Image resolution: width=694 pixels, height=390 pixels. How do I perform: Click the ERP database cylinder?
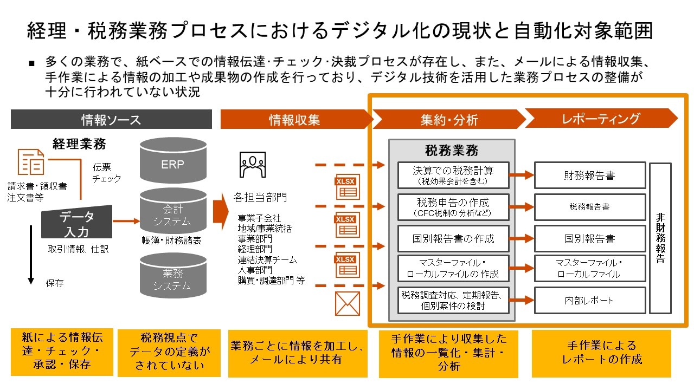[172, 161]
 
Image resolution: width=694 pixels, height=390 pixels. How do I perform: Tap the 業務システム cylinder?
[172, 277]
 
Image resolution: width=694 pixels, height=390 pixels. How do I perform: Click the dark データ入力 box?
[76, 223]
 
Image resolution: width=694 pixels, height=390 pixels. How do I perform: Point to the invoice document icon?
[31, 162]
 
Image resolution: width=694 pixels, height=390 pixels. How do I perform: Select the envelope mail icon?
[347, 303]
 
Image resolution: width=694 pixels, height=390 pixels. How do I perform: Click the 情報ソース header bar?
[111, 120]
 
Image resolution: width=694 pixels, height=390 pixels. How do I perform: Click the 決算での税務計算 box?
[453, 175]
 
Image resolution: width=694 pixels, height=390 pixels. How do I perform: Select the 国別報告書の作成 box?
[453, 239]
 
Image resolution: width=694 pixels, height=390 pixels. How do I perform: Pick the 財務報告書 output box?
[589, 175]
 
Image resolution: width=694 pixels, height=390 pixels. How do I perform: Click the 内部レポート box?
[589, 301]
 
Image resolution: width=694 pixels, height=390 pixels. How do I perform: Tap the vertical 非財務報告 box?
[660, 238]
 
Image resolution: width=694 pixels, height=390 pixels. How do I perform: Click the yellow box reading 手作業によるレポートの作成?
[601, 353]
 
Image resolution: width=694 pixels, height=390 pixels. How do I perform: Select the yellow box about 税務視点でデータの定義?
[169, 353]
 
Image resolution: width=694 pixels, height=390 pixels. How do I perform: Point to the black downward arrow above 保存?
[31, 255]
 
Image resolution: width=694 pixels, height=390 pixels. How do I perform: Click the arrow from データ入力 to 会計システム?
[126, 220]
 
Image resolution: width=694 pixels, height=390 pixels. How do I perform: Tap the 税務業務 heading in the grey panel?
[451, 150]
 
